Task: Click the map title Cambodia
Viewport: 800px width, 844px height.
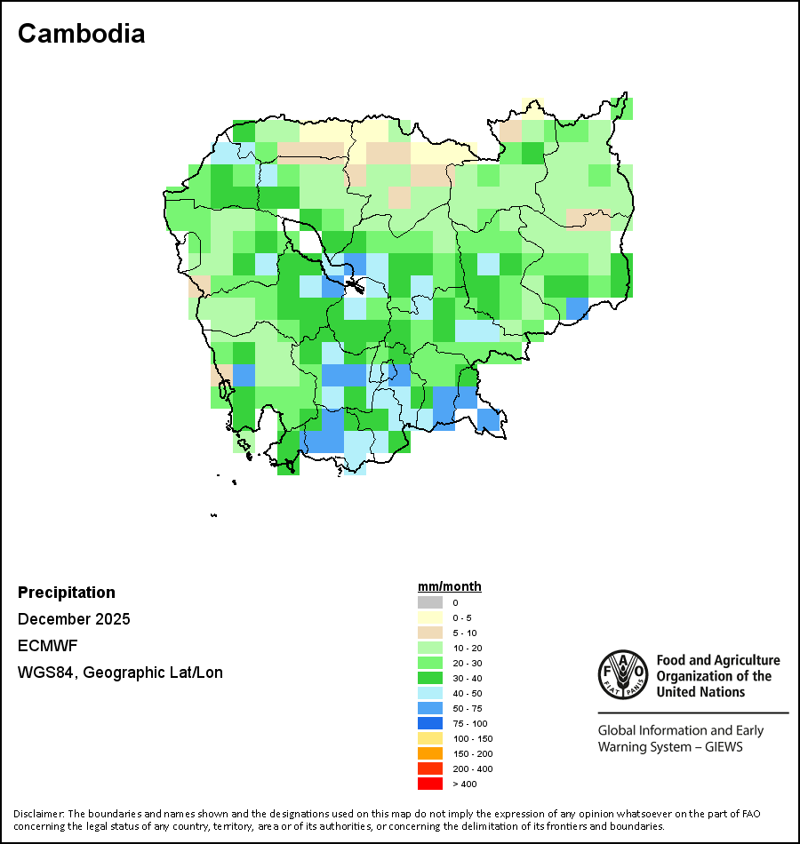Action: click(x=81, y=34)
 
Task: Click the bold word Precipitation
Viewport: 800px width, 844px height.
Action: click(x=67, y=593)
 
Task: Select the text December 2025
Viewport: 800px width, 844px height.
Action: click(x=74, y=619)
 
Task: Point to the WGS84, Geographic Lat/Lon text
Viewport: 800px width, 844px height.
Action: click(x=120, y=673)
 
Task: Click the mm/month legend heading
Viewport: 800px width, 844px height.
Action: click(x=450, y=586)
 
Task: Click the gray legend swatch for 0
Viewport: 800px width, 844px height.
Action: click(x=429, y=602)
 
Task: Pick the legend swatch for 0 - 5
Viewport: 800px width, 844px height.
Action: click(x=429, y=617)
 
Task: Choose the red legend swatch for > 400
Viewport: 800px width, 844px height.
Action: click(x=429, y=784)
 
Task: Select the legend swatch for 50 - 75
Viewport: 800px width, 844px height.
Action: click(x=429, y=708)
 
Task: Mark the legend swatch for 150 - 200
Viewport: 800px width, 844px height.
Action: click(x=429, y=753)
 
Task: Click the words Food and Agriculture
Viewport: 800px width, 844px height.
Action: click(x=718, y=660)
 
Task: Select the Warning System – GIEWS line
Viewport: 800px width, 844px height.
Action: click(x=670, y=746)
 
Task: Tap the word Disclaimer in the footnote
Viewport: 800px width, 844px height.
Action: click(x=38, y=814)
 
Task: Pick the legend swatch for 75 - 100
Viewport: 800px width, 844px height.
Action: click(x=429, y=723)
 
